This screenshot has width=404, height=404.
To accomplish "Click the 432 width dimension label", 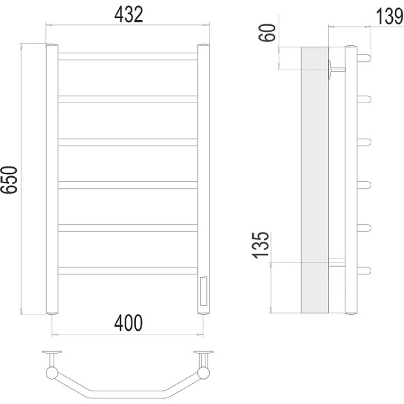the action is (x=128, y=15).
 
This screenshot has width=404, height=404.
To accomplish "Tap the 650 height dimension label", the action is (x=9, y=180).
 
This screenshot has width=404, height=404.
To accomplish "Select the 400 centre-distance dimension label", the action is (x=128, y=323).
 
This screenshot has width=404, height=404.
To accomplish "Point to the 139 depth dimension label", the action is (x=390, y=16).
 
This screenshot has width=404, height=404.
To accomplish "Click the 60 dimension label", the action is (x=267, y=33).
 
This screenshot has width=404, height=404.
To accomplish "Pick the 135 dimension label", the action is (x=261, y=245).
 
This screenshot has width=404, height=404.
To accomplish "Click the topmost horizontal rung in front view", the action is (x=127, y=56).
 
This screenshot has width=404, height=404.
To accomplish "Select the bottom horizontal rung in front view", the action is (x=127, y=270).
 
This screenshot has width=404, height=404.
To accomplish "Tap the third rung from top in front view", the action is (x=127, y=142).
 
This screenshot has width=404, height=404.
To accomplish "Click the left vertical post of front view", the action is (x=52, y=179).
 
